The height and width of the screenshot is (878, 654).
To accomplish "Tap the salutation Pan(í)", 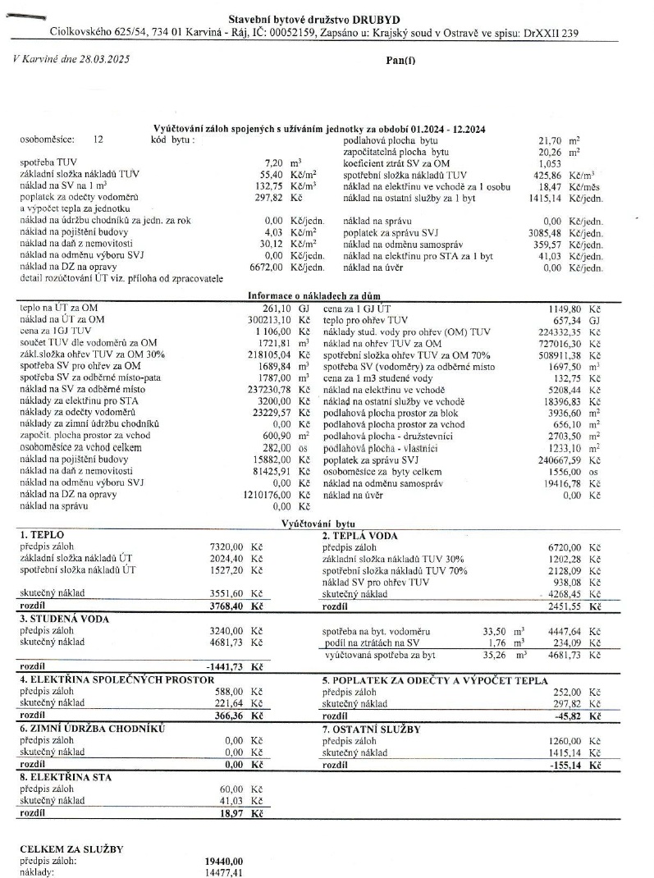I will (400, 60).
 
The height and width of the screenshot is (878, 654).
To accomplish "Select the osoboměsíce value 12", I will (98, 140).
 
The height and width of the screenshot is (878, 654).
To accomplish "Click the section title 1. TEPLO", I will (42, 535).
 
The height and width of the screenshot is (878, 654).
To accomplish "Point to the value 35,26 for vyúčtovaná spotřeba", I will (496, 656).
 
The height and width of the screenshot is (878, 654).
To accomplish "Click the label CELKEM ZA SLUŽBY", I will (72, 848).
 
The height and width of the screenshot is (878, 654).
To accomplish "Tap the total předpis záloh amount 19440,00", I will (223, 862).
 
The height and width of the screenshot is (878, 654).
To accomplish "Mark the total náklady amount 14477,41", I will (223, 874).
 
